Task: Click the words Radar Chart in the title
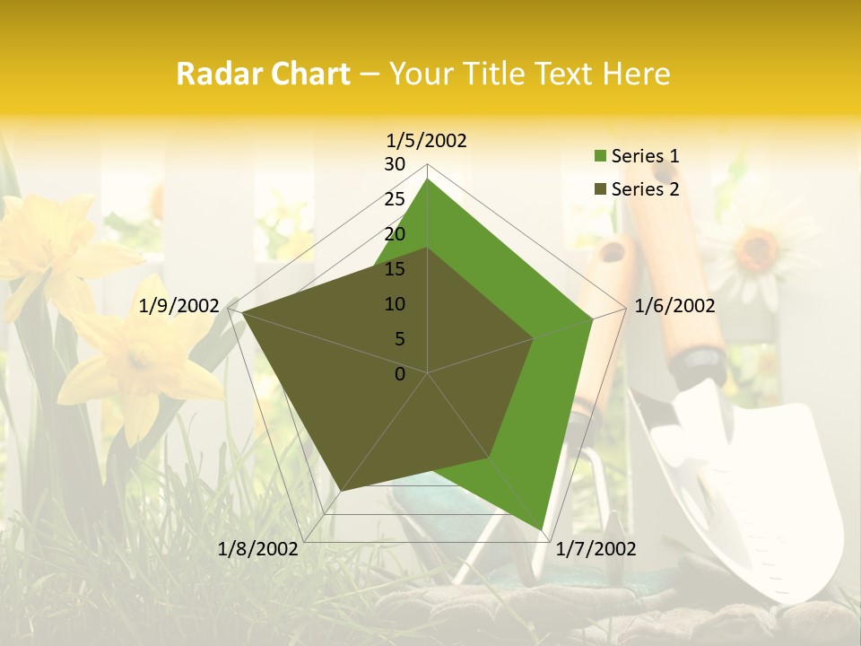(x=263, y=74)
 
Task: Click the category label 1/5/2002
(x=427, y=140)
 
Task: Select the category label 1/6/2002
(x=674, y=306)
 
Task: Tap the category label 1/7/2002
(x=596, y=549)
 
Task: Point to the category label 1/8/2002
(x=258, y=549)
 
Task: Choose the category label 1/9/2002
(x=178, y=306)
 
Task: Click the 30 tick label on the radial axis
(x=395, y=164)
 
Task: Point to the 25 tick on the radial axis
(x=395, y=199)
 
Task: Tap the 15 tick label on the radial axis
(x=395, y=269)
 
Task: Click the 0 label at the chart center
(x=400, y=373)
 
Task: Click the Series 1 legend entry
(x=645, y=156)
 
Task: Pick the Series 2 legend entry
(x=645, y=189)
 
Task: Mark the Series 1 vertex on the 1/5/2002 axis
(x=427, y=179)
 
